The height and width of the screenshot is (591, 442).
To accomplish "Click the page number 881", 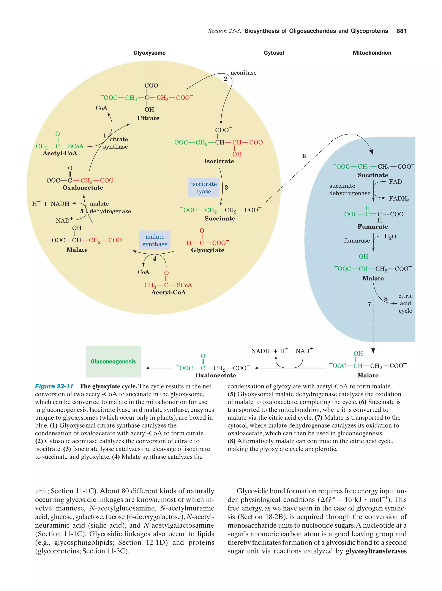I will coord(401,31).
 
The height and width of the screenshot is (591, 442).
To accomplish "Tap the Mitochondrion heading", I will coord(372,53).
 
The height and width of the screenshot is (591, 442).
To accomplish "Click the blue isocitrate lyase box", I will coord(204,188).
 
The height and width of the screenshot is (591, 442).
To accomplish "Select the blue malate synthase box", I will coord(155,240).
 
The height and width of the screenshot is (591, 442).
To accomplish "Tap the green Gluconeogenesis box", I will coord(113,362).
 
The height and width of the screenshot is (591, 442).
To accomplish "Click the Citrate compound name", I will coord(148,118).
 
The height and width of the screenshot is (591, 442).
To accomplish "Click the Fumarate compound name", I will coord(373,227).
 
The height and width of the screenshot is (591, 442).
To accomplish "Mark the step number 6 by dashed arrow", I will coord(304,156).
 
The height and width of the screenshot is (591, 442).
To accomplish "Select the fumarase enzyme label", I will coord(357,240).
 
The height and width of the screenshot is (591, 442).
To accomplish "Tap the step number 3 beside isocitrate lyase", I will coord(226,188).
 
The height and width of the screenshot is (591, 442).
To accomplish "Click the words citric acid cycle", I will coord(405,303).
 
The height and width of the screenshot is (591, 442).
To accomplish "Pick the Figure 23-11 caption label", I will coord(54,386).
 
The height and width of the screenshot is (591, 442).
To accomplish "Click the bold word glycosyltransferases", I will coord(376,551).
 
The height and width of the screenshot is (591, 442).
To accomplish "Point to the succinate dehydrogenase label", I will coord(349,190).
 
